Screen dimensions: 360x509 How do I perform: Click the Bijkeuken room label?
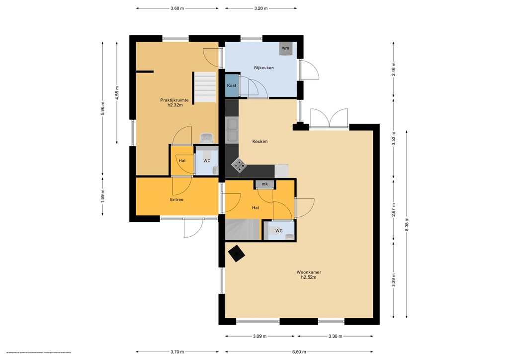click(x=263, y=68)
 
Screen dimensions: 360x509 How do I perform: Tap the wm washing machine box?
click(x=285, y=48)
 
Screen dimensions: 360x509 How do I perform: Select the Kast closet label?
click(x=232, y=86)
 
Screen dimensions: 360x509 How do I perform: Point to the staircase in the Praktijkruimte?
click(x=205, y=87)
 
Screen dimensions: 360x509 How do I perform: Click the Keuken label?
click(x=260, y=142)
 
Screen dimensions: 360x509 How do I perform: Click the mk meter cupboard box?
click(x=265, y=184)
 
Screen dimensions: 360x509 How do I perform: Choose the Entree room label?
click(x=176, y=200)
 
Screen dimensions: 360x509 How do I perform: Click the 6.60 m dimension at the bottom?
click(x=299, y=352)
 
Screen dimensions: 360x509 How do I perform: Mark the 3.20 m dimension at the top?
click(x=261, y=8)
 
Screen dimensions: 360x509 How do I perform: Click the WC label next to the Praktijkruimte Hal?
click(x=207, y=161)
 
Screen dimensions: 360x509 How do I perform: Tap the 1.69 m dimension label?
click(x=103, y=195)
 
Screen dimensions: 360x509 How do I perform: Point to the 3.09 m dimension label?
click(x=259, y=336)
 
